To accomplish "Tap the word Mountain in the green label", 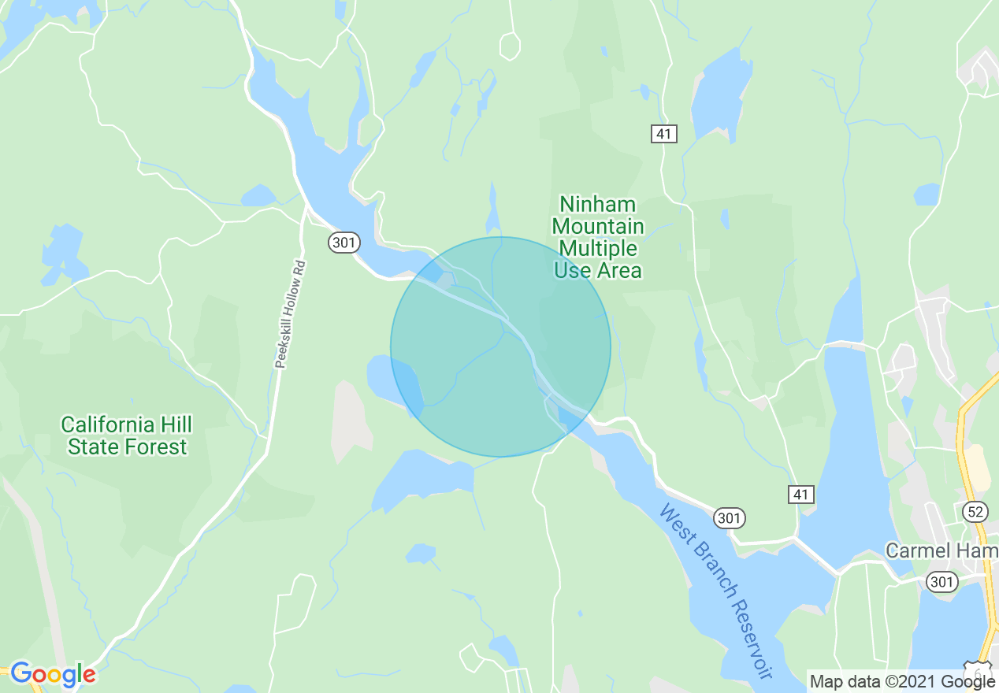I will coord(597,228).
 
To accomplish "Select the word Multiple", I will coord(597,249).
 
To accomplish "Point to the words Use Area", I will coord(597,271).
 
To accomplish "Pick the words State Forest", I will coord(127,447).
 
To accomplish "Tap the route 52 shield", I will coord(975,512).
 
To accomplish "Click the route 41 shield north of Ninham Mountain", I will coord(663,135).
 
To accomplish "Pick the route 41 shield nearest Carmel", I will coord(800,495).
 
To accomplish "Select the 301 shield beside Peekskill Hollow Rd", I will coord(344,243).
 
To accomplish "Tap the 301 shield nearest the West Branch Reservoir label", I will coord(729,518).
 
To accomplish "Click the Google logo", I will coord(52,675).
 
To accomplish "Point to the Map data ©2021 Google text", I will coord(902,682).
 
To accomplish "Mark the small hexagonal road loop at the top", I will coord(510,46).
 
